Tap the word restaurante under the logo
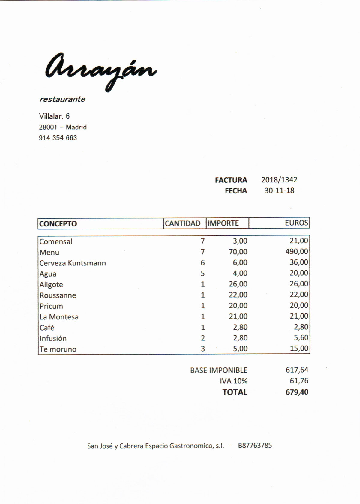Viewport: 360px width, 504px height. tap(62, 99)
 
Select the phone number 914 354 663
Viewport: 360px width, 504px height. tap(58, 138)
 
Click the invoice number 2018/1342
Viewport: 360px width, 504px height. tap(279, 180)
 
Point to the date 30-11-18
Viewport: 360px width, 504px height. tap(279, 190)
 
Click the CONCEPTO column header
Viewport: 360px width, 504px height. tap(58, 224)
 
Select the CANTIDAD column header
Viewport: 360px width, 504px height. tap(182, 223)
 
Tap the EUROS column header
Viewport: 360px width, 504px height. tap(296, 223)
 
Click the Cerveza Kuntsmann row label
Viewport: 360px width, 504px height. tap(73, 263)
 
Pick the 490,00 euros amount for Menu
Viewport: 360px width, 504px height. tap(296, 252)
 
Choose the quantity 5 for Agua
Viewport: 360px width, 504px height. tap(203, 274)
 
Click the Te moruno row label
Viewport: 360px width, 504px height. tap(58, 349)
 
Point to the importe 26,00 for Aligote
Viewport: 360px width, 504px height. tap(238, 284)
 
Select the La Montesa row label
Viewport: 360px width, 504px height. tap(59, 317)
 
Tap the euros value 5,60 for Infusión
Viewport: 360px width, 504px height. tap(301, 338)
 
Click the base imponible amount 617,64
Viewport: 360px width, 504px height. tap(297, 370)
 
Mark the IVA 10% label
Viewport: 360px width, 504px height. tap(233, 381)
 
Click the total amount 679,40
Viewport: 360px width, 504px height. tap(297, 392)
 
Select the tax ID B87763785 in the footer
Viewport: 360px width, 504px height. tap(255, 445)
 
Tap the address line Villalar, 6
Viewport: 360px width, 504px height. tap(54, 116)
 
